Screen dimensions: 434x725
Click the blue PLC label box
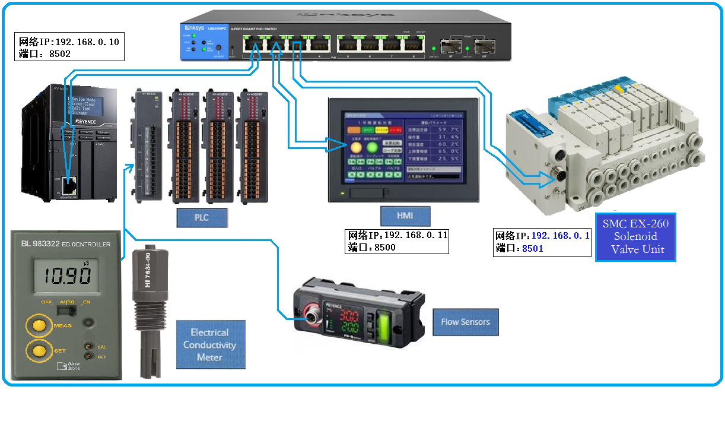(202, 217)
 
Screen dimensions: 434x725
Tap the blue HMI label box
(405, 216)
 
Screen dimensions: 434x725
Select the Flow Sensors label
(465, 322)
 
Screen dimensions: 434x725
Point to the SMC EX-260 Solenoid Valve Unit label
(635, 236)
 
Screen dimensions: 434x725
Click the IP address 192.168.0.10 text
(87, 42)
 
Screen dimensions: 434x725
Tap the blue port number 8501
(533, 249)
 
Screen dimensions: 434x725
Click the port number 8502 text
(59, 53)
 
